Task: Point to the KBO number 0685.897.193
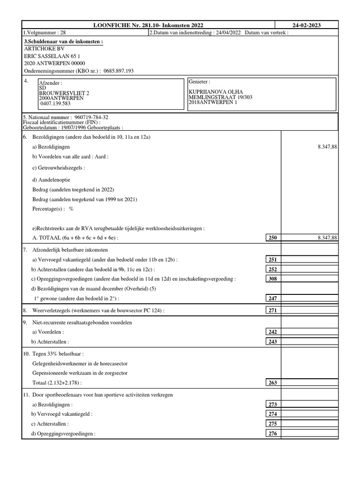(115, 71)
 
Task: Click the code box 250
(272, 238)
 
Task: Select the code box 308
(272, 279)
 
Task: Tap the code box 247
(272, 298)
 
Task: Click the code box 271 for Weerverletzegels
(272, 310)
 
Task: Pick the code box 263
(272, 382)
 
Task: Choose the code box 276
(272, 434)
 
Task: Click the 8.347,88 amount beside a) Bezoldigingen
(327, 147)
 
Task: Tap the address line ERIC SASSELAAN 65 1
(53, 56)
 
